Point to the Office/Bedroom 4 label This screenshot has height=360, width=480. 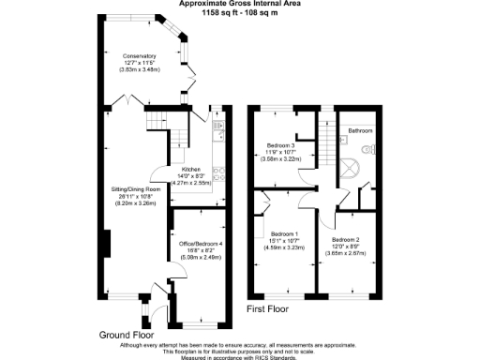click(199, 243)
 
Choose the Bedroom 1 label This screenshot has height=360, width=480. click(284, 233)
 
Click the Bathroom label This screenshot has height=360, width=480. click(361, 130)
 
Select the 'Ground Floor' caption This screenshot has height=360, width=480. click(126, 335)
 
